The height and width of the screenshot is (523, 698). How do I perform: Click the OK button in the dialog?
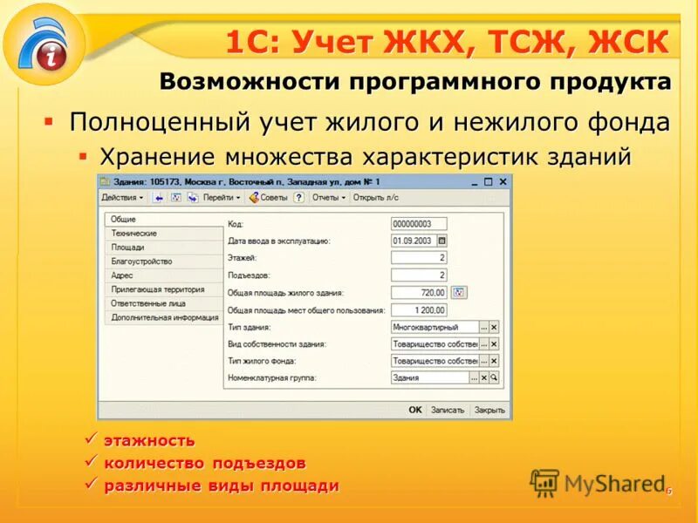click(x=415, y=410)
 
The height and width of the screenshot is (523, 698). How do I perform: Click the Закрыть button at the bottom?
click(x=489, y=410)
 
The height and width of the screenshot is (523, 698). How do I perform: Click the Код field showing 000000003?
click(x=419, y=224)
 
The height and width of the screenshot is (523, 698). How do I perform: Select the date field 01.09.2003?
click(x=414, y=241)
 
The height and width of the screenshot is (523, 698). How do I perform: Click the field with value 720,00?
click(x=419, y=293)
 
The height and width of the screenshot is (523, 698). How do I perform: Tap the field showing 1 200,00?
click(x=419, y=310)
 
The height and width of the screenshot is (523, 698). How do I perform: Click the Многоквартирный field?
click(x=435, y=327)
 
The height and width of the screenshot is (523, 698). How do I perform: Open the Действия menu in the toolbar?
click(x=122, y=198)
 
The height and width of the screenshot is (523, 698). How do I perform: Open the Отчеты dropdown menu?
click(x=329, y=198)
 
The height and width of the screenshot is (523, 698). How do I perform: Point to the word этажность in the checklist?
click(x=149, y=441)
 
